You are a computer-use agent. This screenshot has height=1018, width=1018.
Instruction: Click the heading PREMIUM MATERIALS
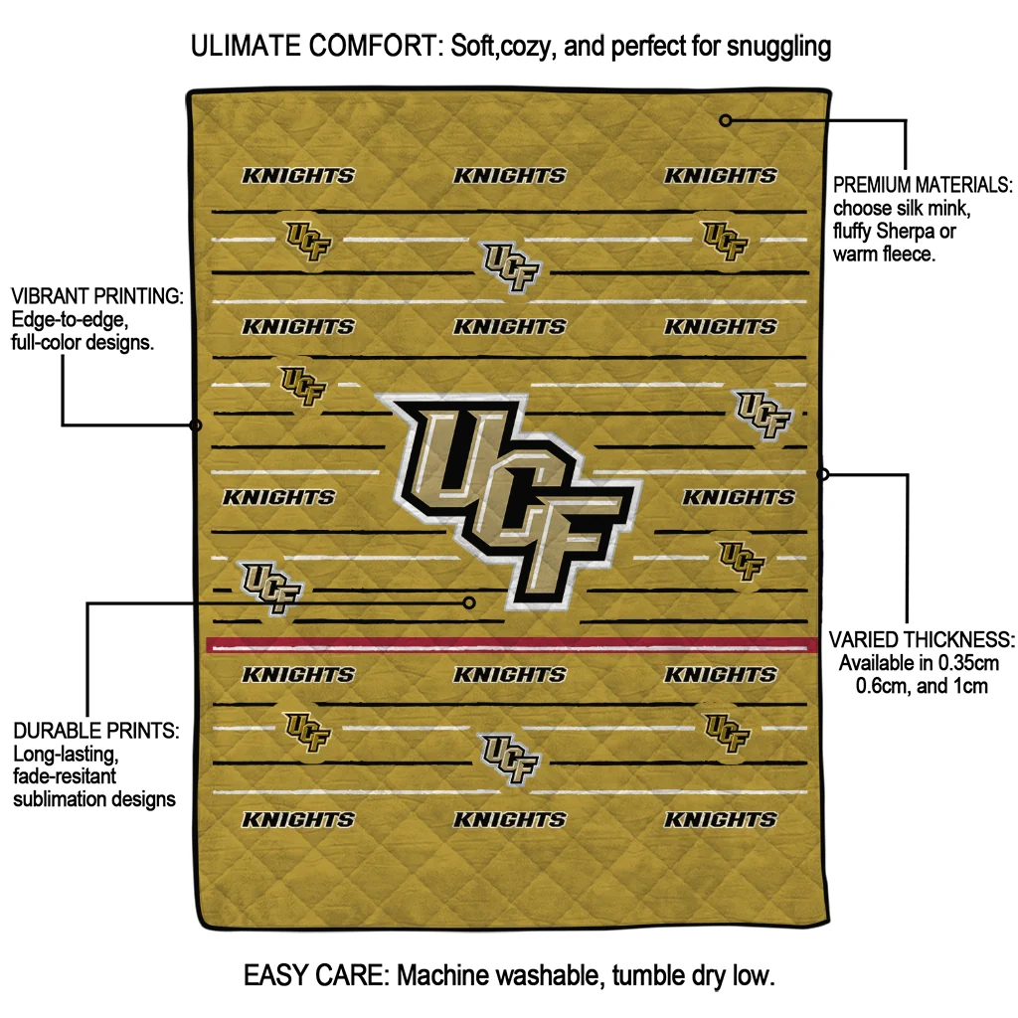922,186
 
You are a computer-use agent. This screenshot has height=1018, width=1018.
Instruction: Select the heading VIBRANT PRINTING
96,297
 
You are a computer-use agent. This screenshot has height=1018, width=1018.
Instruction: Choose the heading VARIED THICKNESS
922,639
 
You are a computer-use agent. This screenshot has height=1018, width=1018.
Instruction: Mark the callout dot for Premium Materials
726,120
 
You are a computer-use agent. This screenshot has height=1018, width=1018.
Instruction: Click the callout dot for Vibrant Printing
196,425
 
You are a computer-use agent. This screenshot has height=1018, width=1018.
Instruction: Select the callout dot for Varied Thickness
823,474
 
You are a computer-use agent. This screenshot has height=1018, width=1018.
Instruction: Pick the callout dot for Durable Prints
469,602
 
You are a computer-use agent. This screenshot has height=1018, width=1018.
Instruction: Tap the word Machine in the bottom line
445,975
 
